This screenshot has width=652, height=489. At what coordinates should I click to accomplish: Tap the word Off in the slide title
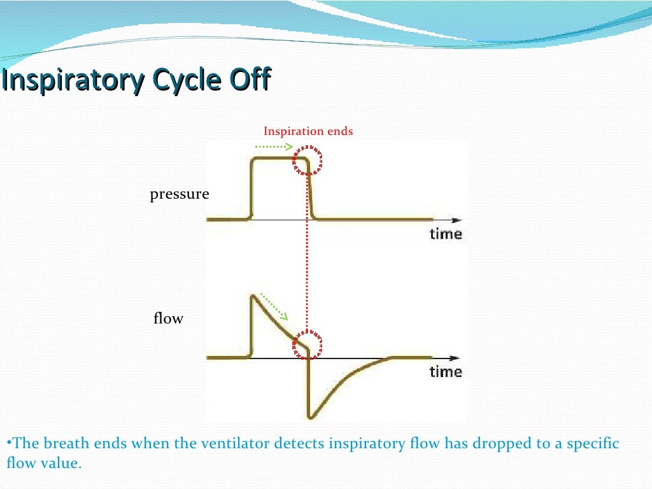point(249,81)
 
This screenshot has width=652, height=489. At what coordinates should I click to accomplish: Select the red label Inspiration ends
point(308,131)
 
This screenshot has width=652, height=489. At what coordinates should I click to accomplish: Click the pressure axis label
point(179,194)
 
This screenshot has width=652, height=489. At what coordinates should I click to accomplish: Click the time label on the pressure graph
point(445,234)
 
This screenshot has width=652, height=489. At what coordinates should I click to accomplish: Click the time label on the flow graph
point(445,371)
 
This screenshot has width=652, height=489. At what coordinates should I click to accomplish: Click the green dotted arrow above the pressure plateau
point(273,146)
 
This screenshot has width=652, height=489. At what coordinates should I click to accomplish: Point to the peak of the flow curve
point(253,295)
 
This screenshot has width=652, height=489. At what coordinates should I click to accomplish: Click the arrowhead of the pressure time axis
point(455,220)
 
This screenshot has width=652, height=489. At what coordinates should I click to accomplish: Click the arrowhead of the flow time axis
point(455,358)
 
